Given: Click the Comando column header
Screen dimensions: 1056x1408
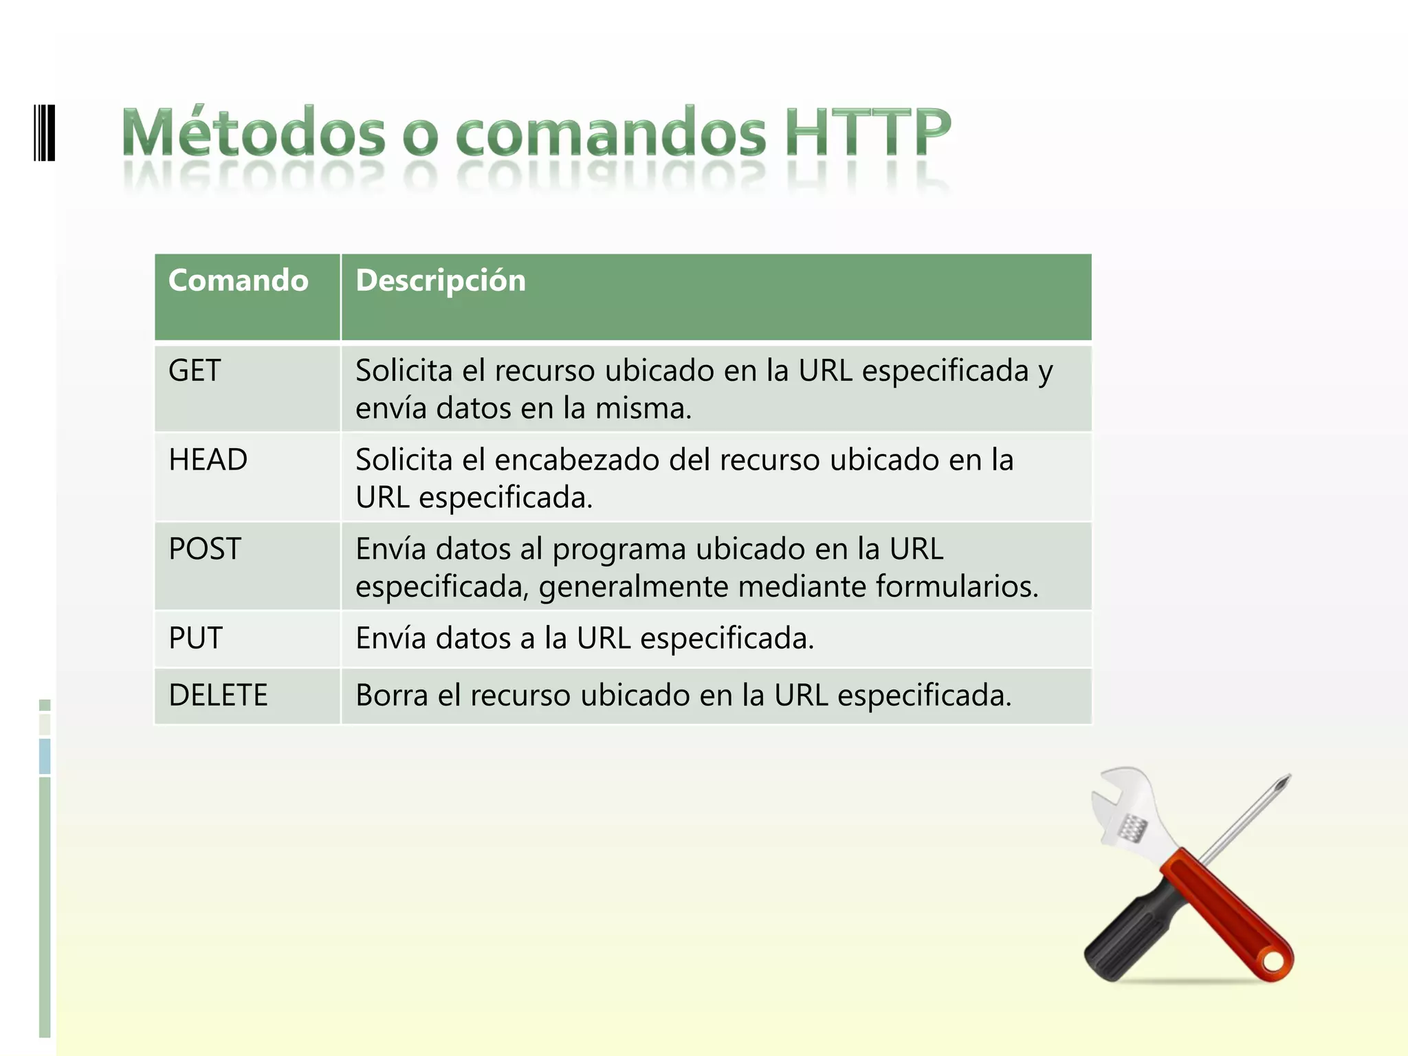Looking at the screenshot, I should [x=239, y=280].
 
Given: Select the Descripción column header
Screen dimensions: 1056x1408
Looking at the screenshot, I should [x=441, y=280].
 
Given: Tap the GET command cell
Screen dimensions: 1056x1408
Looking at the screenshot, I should [x=195, y=371].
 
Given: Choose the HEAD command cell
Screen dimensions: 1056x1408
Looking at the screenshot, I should [x=208, y=460].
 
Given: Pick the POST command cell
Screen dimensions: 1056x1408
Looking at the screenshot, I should [x=205, y=549].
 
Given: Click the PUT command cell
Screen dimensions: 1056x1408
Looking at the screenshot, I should [x=195, y=639].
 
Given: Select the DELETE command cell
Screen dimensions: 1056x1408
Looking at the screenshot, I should [x=218, y=695].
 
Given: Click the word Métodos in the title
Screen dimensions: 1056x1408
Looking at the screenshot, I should [x=254, y=132].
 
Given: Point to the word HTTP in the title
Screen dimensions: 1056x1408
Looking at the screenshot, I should [x=868, y=132].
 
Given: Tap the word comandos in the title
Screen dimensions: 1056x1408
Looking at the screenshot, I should [x=610, y=132].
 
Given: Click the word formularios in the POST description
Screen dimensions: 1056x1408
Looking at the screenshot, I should [x=956, y=587].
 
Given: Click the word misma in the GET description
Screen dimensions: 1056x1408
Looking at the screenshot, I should [x=643, y=408].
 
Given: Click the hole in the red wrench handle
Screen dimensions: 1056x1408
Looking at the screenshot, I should [x=1273, y=961].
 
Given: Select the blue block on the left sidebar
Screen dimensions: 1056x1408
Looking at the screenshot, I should [x=45, y=756].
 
